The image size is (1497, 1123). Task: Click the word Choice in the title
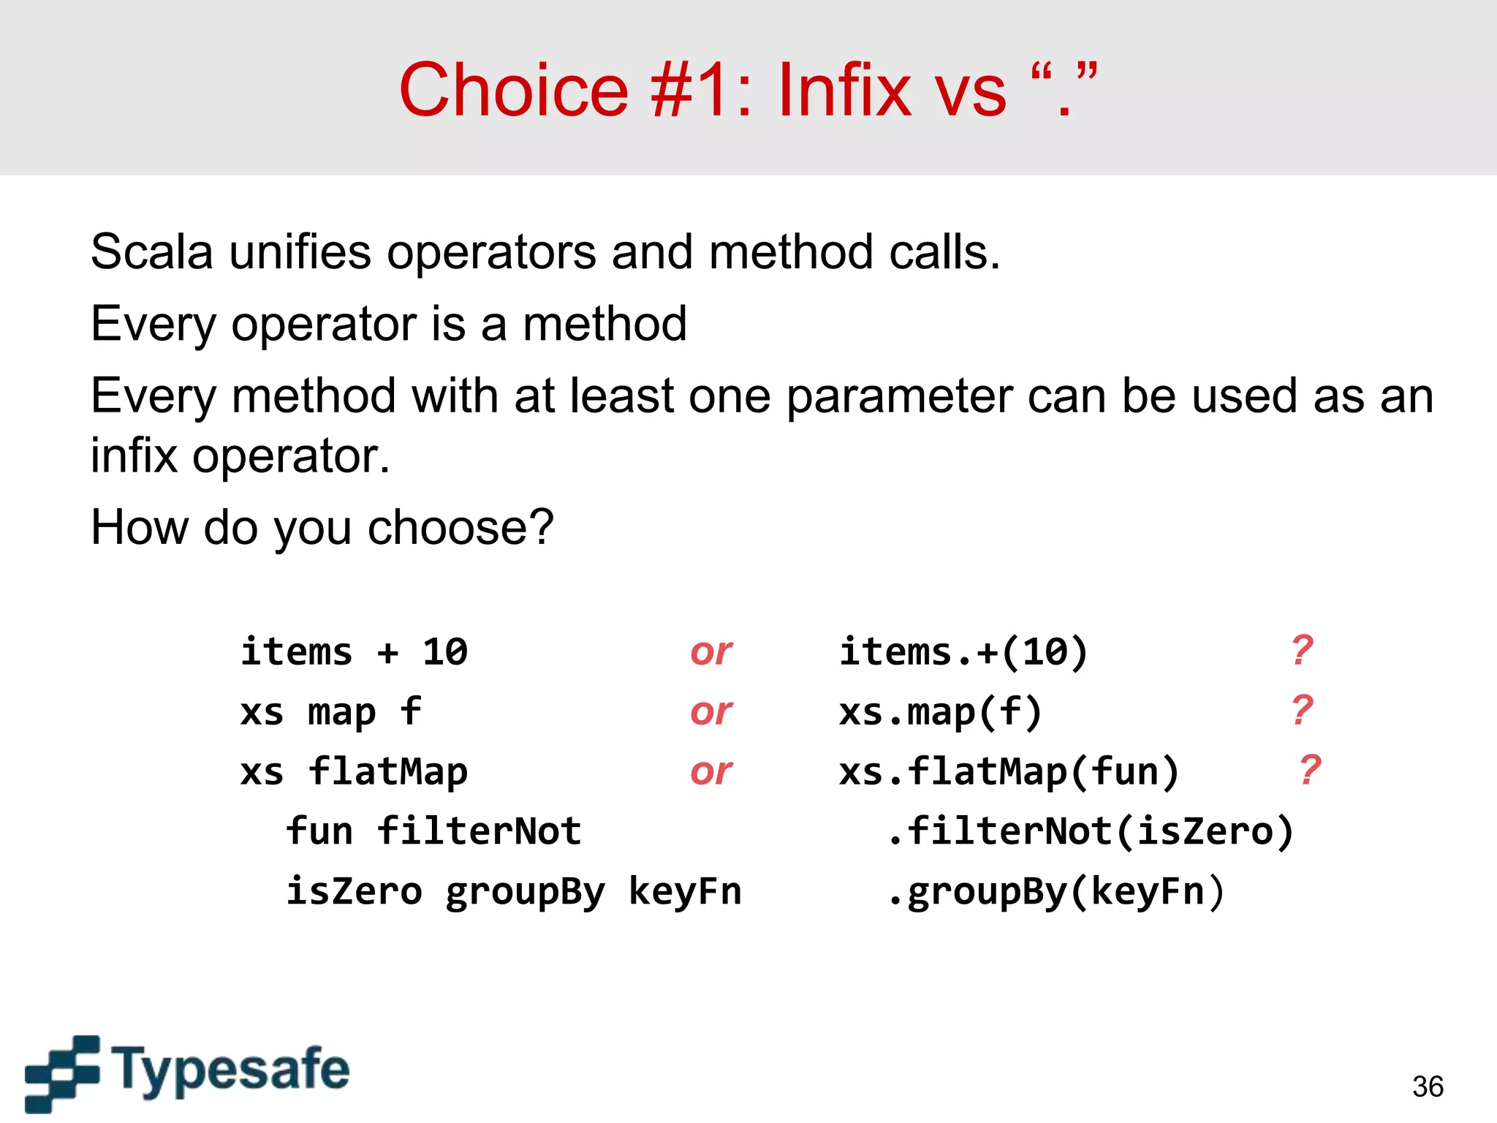513,90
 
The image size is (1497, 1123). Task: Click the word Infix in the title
844,90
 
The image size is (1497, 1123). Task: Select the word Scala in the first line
151,252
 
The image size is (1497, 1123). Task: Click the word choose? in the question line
461,527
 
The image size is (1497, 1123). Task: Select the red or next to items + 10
710,651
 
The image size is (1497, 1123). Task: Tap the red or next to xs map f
710,711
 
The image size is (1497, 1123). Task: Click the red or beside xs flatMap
710,771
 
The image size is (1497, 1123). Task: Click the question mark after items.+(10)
1302,650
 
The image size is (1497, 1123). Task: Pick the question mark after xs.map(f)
1302,710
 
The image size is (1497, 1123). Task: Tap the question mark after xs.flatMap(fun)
1310,770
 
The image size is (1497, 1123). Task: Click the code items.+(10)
963,651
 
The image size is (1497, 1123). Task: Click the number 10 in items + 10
444,651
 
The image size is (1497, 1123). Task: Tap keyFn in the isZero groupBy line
685,891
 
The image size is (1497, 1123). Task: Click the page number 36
1428,1086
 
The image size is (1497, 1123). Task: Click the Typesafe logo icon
62,1073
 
